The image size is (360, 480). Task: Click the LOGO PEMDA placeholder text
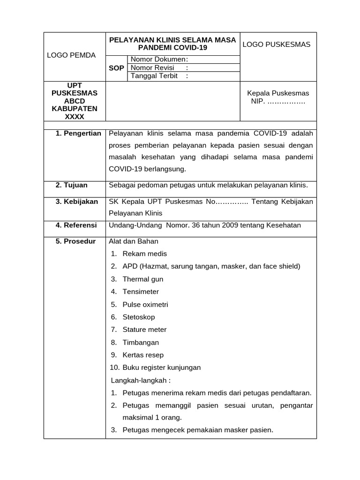click(71, 55)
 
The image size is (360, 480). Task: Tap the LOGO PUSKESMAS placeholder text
click(277, 45)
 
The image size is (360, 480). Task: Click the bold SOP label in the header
click(116, 68)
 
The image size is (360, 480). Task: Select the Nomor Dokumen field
click(159, 60)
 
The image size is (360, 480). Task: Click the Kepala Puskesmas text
click(278, 93)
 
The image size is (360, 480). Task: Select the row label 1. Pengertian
click(78, 134)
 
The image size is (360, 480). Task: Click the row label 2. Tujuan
click(71, 185)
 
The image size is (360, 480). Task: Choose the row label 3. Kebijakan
click(76, 202)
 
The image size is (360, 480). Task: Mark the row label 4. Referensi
click(76, 225)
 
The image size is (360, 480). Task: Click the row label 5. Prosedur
click(75, 241)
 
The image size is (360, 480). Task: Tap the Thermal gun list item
click(143, 279)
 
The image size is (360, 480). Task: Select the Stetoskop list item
click(139, 317)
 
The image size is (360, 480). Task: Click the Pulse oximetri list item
click(145, 304)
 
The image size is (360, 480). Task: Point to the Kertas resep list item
click(143, 355)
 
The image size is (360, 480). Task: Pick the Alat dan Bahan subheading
click(134, 241)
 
